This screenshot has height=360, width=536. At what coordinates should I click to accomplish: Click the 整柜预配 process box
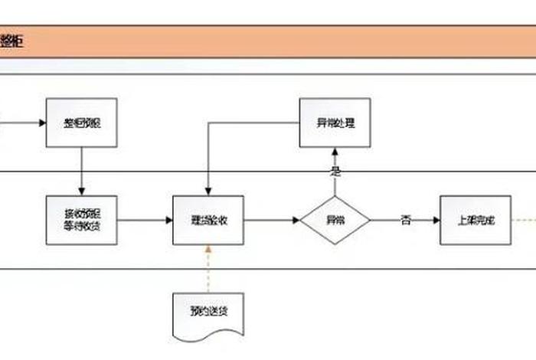tap(81, 123)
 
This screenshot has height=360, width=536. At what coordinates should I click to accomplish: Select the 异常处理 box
tap(335, 123)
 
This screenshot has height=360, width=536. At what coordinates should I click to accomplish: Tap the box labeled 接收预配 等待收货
tap(81, 220)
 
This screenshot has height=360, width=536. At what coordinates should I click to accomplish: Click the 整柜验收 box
tap(208, 220)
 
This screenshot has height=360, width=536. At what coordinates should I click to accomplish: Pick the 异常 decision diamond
tap(335, 220)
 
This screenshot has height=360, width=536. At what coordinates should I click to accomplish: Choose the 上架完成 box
tap(476, 220)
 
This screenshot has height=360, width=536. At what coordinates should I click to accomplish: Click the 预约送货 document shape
tap(208, 313)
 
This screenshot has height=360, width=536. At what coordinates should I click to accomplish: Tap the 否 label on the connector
tap(406, 220)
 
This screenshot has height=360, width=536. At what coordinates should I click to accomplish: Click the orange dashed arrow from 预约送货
tap(208, 268)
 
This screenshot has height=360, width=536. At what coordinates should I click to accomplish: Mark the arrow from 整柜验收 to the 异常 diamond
tap(271, 220)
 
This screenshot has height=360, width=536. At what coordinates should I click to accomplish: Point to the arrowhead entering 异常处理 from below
tap(335, 151)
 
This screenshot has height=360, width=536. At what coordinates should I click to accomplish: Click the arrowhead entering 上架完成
tap(436, 220)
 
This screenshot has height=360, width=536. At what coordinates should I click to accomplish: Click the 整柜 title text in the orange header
tap(11, 41)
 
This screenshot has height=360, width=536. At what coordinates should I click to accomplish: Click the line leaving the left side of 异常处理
tap(253, 123)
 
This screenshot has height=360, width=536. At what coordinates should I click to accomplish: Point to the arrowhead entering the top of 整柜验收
tap(208, 191)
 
